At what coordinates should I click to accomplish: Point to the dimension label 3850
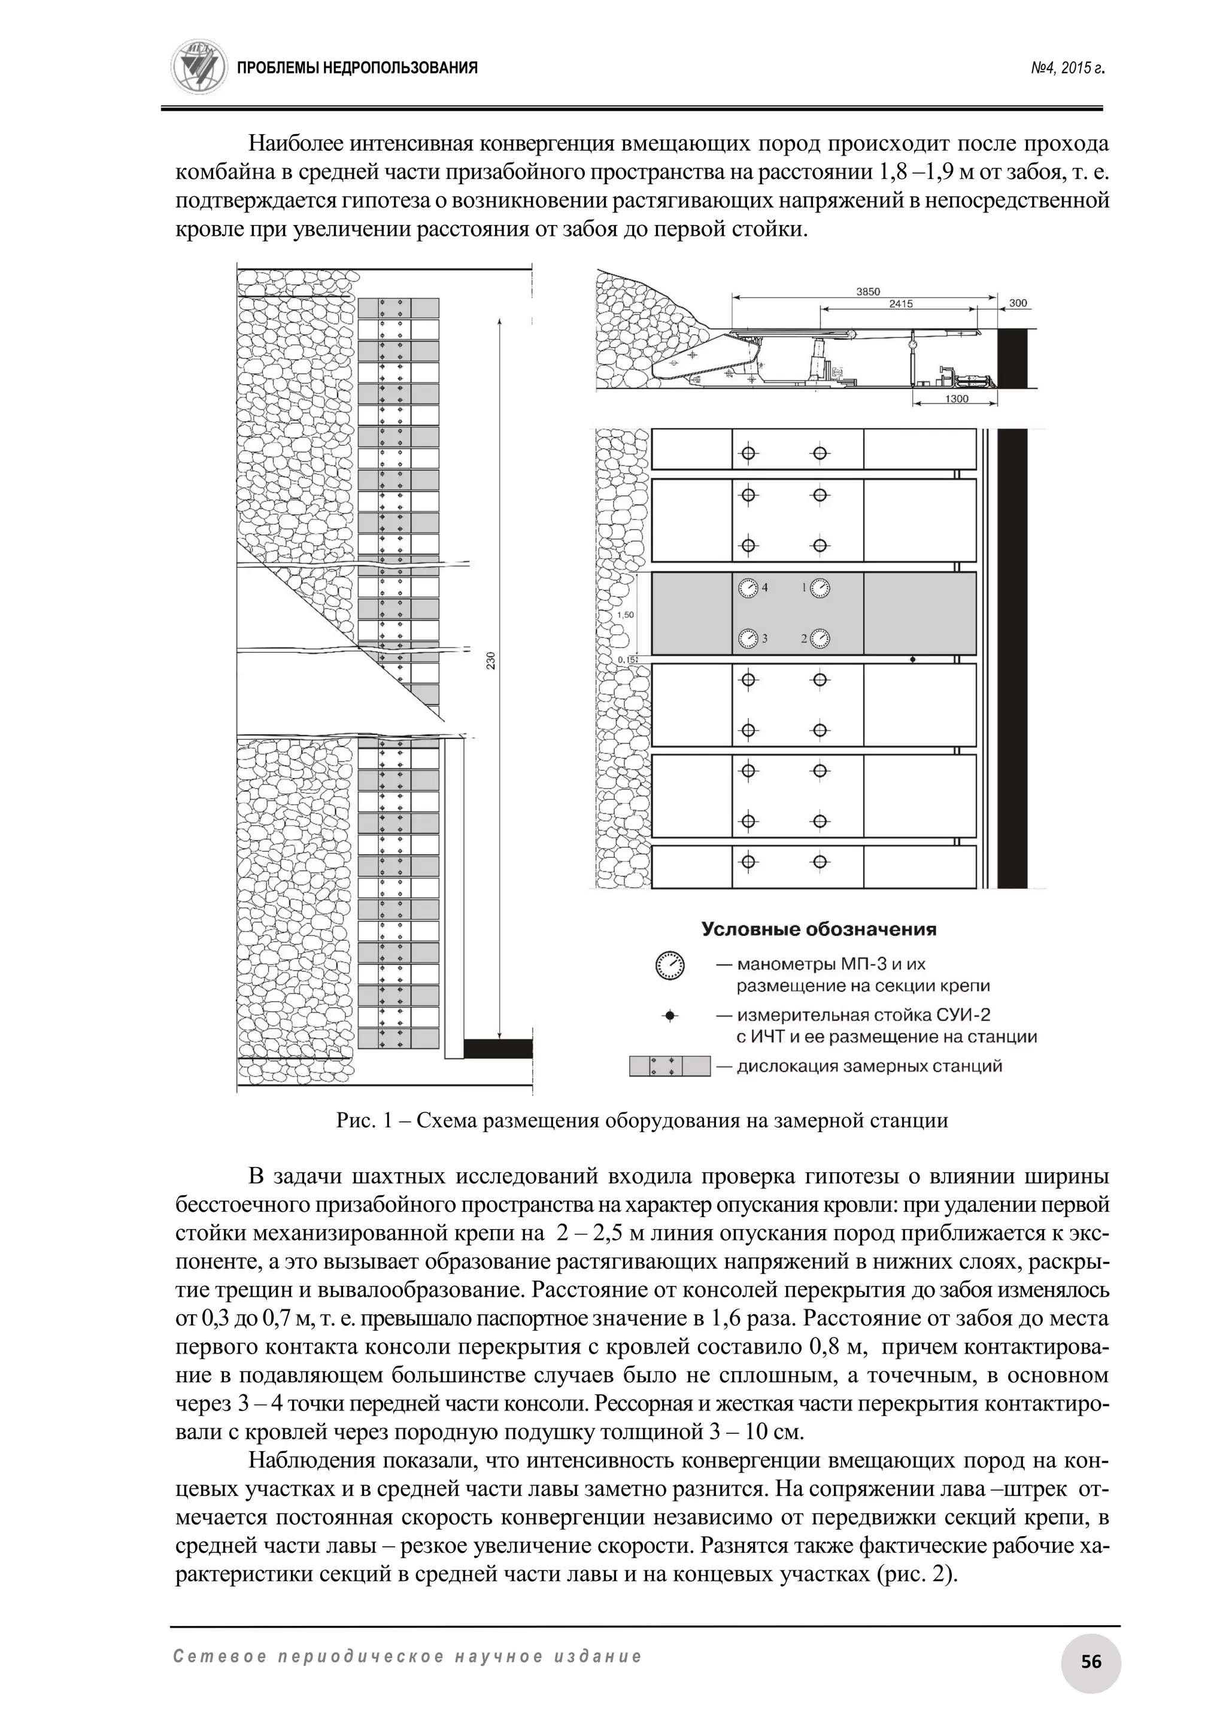(868, 292)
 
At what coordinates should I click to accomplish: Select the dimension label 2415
(900, 303)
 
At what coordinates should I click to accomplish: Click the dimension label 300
(1018, 303)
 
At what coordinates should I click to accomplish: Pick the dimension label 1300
(956, 399)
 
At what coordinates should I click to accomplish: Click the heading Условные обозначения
(819, 929)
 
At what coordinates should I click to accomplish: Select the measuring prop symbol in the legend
(669, 1016)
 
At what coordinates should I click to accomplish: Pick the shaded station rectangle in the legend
(670, 1066)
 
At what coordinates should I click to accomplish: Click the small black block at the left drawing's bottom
(497, 1048)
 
